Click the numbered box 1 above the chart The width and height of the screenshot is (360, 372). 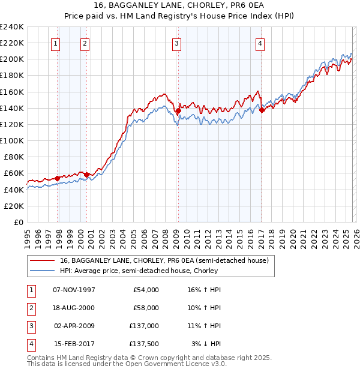55,43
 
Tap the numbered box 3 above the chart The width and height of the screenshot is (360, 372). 177,43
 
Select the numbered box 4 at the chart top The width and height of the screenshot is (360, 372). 260,43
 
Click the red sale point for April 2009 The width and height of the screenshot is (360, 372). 178,110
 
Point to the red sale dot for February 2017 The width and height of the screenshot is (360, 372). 262,110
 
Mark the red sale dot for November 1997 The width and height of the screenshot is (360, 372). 58,178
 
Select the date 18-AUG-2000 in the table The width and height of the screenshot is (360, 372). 74,308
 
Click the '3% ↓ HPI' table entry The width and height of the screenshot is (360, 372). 206,344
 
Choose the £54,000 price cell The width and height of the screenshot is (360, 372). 144,290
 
